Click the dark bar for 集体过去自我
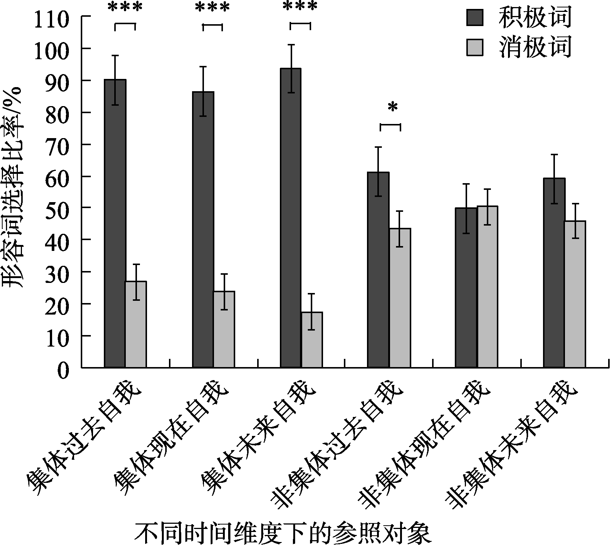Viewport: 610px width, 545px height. coord(115,223)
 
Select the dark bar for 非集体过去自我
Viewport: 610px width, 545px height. coord(379,270)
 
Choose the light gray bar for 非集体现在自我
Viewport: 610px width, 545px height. coord(488,287)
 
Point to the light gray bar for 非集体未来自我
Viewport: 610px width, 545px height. coord(575,294)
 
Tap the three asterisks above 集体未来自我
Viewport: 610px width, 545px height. coord(300,7)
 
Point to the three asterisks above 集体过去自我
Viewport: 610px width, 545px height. coord(125,7)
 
